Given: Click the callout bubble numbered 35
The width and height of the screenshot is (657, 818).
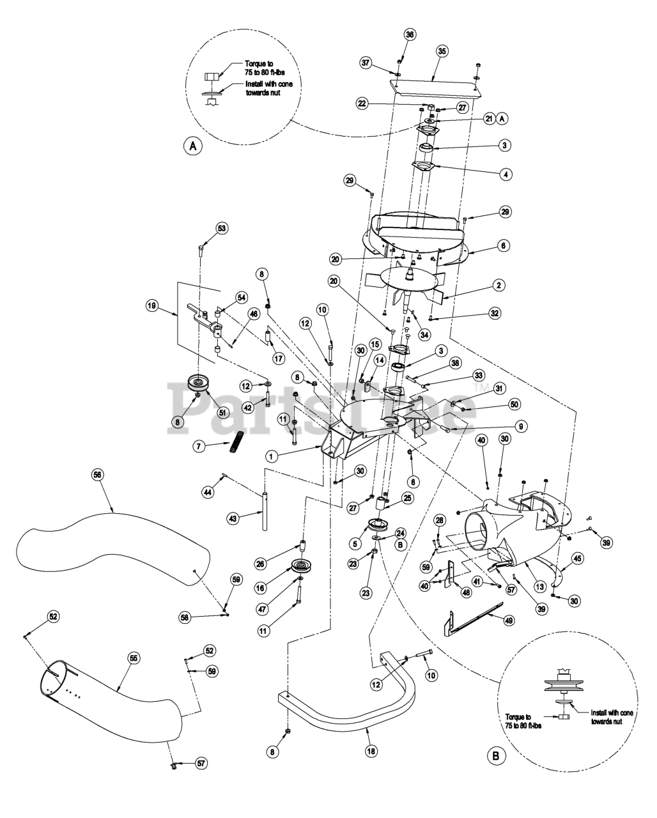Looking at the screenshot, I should click(x=442, y=51).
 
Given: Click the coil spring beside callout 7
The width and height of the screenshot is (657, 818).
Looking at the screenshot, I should click(x=238, y=442).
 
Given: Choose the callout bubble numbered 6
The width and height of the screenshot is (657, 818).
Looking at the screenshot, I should click(x=504, y=245).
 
